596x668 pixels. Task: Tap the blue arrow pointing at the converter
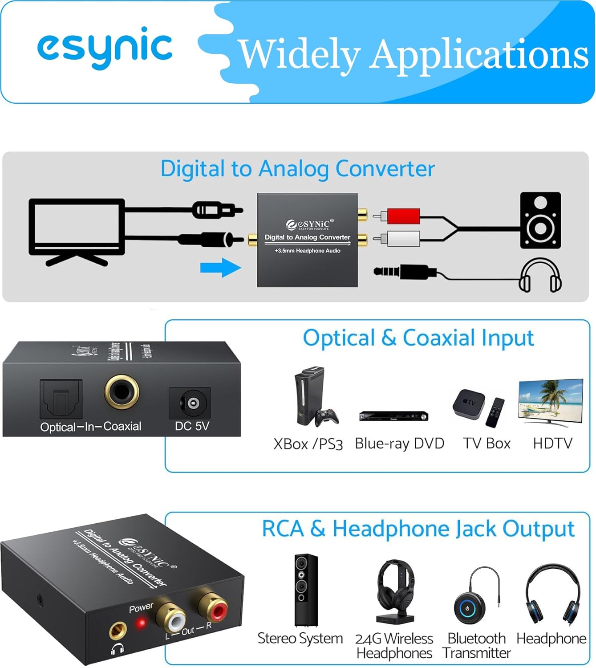click(221, 268)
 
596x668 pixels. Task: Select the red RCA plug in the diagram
click(403, 216)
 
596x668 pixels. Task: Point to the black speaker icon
click(540, 220)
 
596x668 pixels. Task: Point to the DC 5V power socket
click(191, 403)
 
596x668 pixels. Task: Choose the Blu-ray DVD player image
click(393, 416)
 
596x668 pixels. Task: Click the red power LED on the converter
click(141, 623)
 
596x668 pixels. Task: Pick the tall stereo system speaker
click(306, 590)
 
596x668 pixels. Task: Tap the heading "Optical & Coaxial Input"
click(418, 338)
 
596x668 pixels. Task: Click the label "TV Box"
click(487, 443)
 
